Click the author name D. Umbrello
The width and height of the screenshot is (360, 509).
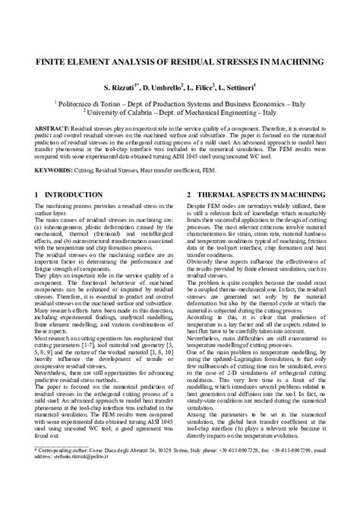(x=162, y=87)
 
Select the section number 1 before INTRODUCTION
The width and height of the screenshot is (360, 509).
(x=37, y=194)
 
